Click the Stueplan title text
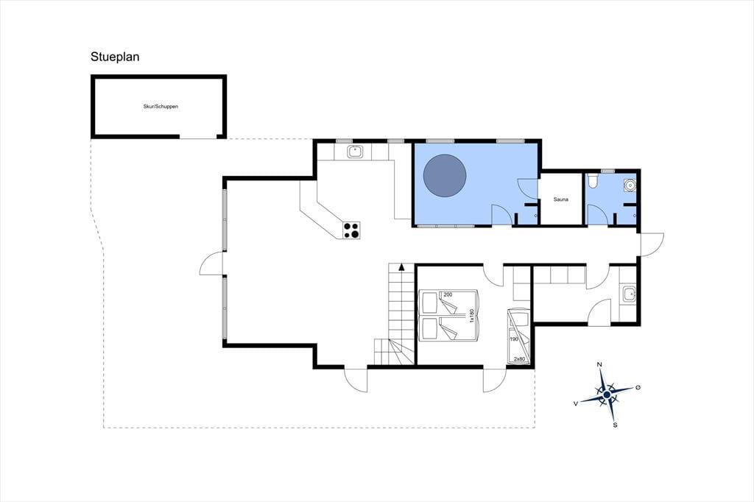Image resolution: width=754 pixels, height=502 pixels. click(115, 57)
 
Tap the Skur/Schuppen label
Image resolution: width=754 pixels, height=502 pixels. click(161, 107)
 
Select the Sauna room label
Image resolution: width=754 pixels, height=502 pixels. click(560, 199)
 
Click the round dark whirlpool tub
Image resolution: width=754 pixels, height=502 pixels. click(444, 175)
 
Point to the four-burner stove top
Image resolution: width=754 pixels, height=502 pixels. click(351, 230)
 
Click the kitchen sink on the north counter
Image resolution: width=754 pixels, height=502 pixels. click(356, 152)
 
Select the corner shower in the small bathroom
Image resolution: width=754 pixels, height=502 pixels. click(629, 184)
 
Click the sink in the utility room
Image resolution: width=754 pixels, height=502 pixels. click(629, 294)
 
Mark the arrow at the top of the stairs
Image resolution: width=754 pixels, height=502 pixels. click(401, 267)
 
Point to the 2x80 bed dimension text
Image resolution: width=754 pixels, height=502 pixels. click(519, 359)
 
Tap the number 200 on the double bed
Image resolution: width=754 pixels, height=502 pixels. click(448, 294)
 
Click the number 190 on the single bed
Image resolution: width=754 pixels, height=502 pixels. click(513, 339)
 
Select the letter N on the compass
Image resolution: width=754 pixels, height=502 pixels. click(599, 364)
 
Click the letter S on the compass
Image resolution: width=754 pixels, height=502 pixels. click(615, 425)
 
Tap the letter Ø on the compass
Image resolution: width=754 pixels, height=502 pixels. click(638, 387)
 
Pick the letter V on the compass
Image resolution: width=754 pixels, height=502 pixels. click(576, 404)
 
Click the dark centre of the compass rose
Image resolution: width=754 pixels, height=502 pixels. click(607, 395)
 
